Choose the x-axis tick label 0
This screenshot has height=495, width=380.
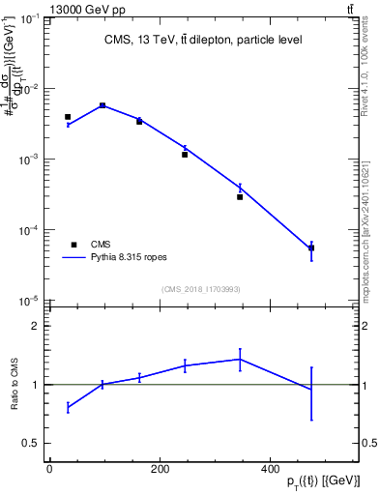click(49, 469)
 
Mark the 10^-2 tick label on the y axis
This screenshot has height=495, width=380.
click(28, 89)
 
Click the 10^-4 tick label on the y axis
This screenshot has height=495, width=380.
click(28, 230)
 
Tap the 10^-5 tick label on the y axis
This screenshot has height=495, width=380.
click(28, 301)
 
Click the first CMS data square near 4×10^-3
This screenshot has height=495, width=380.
click(68, 117)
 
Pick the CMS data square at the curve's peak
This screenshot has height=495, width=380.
click(102, 105)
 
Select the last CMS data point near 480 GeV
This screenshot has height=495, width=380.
click(311, 248)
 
